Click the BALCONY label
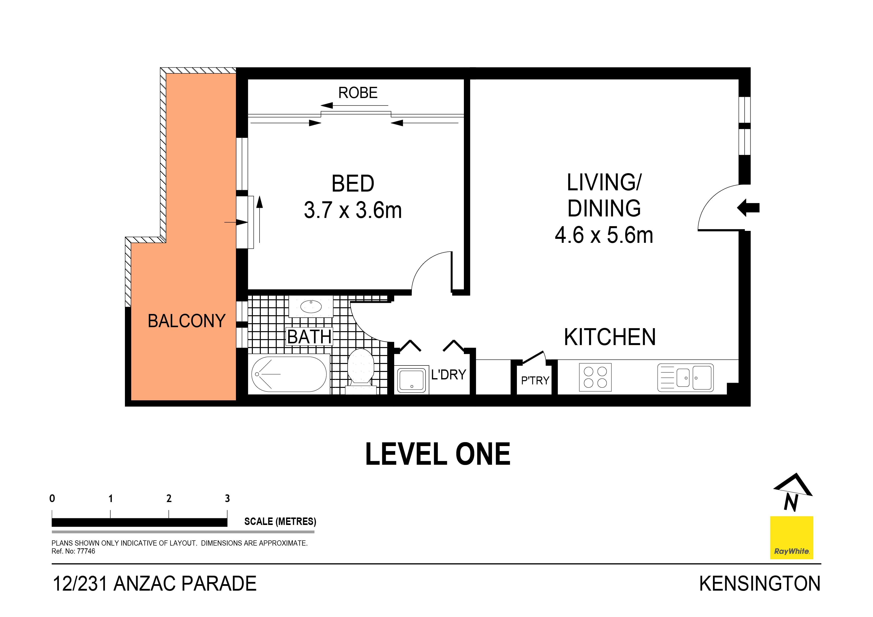(x=186, y=321)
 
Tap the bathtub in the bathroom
(x=289, y=374)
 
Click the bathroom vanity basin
(x=311, y=307)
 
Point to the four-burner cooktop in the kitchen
(x=595, y=377)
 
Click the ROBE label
(x=358, y=93)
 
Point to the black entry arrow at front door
(x=748, y=208)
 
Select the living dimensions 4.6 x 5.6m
(x=604, y=235)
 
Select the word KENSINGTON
(x=759, y=584)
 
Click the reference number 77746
(x=86, y=551)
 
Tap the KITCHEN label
(x=609, y=337)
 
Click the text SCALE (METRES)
(x=280, y=521)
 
